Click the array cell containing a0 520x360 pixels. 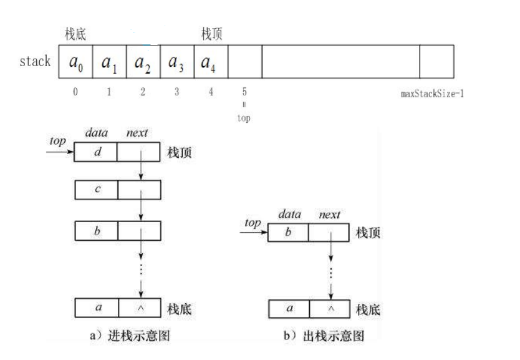point(75,62)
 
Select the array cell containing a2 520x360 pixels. point(143,62)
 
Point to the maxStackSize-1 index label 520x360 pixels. point(431,94)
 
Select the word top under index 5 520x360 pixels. point(244,117)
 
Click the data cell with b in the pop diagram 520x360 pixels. point(288,233)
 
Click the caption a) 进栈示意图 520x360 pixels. point(129,336)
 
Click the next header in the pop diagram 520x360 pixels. point(329,215)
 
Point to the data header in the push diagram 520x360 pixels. point(96,133)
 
